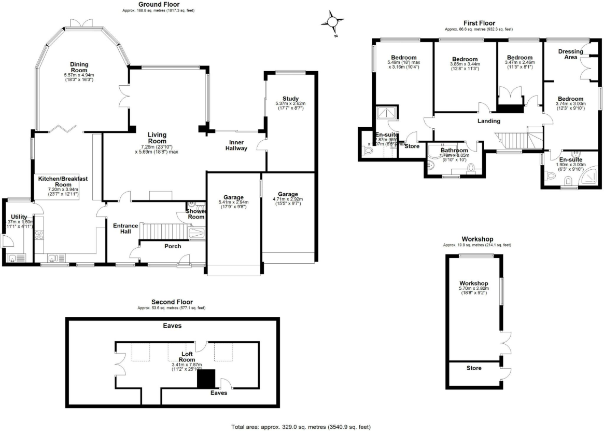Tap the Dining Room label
click(79, 67)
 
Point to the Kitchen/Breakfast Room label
click(63, 181)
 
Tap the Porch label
click(173, 246)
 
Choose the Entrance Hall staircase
click(164, 231)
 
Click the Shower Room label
click(196, 214)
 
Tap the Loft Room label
click(187, 356)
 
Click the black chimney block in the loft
click(206, 378)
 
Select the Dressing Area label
click(567, 54)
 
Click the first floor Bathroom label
click(454, 151)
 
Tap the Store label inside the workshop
click(474, 368)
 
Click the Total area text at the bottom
click(301, 427)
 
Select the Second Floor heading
click(172, 302)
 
